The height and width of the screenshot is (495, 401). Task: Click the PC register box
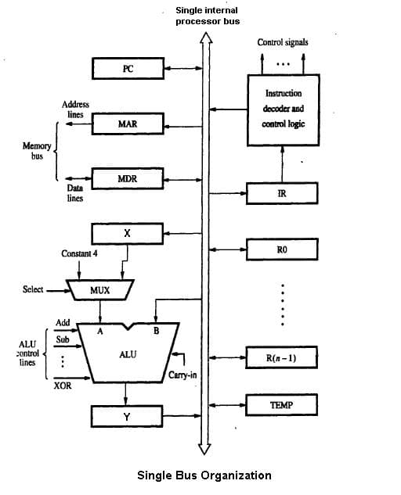pos(128,69)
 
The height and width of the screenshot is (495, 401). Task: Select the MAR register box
pos(128,124)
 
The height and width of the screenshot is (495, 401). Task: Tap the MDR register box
pos(128,179)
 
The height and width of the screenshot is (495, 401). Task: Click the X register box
pos(128,233)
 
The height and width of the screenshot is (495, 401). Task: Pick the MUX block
pos(99,290)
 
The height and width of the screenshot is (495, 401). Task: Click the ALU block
pos(128,353)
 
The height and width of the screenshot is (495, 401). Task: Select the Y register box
pos(128,416)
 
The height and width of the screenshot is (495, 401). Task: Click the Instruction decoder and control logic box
pos(284,109)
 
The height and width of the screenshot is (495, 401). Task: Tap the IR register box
pos(282,193)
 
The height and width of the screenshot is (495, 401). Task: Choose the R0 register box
pos(282,249)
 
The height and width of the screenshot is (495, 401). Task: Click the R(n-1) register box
pos(282,358)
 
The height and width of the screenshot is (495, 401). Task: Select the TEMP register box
pos(282,404)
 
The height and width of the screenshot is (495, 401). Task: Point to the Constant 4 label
pos(81,254)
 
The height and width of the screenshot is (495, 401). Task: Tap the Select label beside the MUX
pos(34,290)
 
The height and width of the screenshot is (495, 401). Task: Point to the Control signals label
pos(282,41)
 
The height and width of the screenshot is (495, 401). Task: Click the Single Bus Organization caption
pos(204,475)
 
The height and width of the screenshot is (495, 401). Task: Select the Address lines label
pos(75,109)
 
